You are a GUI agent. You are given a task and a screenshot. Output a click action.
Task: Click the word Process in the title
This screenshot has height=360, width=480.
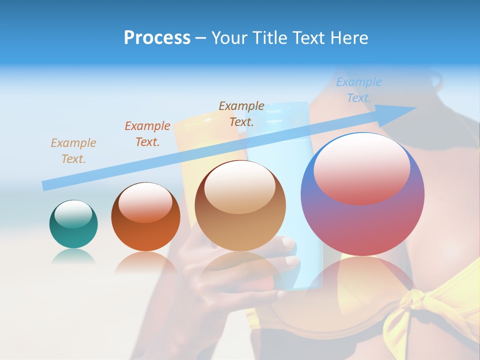pos(157,38)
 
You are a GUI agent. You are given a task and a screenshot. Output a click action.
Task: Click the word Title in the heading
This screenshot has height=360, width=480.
pos(270,38)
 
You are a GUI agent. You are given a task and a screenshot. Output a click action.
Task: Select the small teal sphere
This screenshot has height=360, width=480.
pos(73,224)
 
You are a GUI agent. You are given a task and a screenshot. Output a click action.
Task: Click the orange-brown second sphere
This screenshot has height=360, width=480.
pos(145,217)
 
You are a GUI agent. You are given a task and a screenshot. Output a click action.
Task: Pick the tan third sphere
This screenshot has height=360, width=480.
pos(240,206)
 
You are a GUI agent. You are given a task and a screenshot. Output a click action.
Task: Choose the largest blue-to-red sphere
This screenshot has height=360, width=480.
pos(362,195)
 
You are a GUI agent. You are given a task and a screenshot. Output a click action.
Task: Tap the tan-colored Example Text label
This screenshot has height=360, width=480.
pos(73,151)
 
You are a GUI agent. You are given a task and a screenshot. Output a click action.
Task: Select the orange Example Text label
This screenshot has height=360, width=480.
pos(147,134)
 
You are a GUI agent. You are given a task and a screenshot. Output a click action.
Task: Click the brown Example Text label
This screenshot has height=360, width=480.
pos(241,114)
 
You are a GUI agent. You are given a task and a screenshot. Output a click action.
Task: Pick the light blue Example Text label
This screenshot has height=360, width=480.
pos(359,90)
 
